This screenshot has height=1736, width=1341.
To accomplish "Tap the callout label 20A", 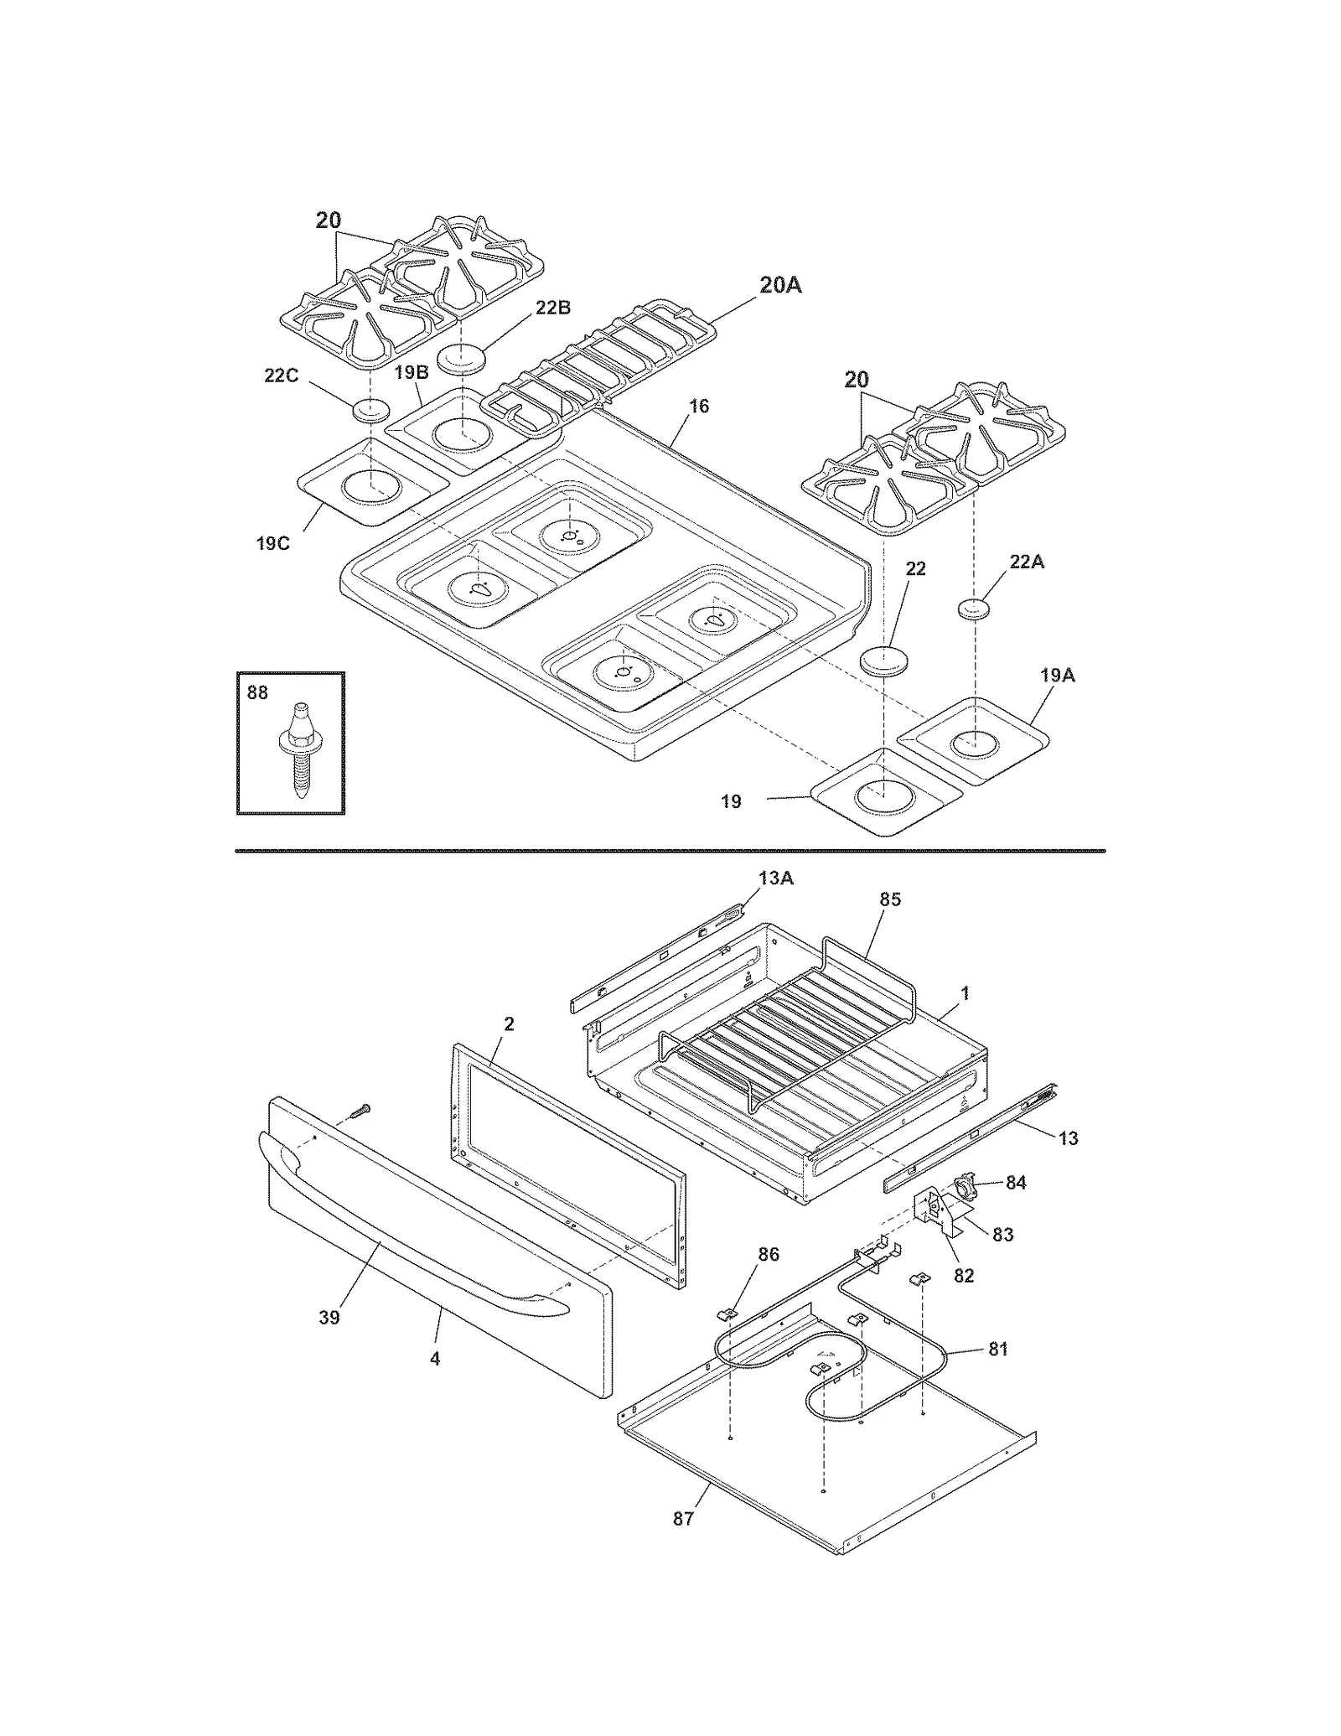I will (x=780, y=286).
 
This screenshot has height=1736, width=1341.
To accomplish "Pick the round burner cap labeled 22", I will (x=882, y=661).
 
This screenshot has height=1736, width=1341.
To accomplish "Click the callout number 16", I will (x=699, y=407).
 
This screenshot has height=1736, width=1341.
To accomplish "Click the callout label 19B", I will (x=412, y=372).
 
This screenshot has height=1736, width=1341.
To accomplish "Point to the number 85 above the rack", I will (x=890, y=899).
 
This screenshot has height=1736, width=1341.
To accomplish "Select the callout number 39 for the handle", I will (x=329, y=1318).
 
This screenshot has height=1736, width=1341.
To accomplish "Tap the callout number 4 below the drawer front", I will (x=435, y=1359).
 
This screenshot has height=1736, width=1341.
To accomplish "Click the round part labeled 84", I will (x=965, y=1186).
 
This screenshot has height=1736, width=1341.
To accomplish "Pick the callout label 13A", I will (x=776, y=878).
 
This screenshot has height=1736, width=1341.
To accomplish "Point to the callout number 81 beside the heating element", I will (x=998, y=1350).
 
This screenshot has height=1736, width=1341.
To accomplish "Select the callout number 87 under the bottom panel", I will (x=684, y=1519).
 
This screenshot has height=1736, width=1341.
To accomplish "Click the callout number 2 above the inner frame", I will (x=509, y=1023).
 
